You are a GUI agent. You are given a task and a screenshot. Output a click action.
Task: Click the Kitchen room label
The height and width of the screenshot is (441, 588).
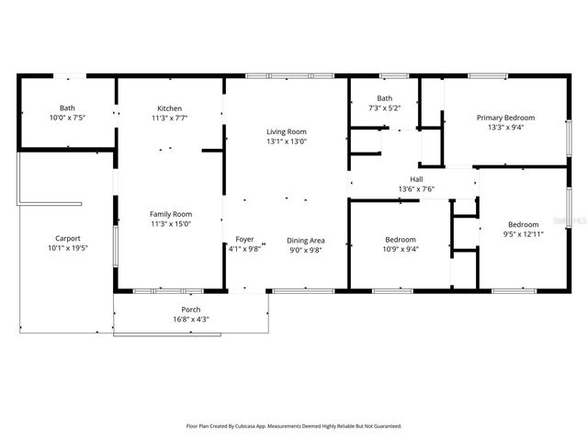169,108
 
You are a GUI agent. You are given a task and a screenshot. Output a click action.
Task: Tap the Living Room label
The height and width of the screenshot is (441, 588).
286,131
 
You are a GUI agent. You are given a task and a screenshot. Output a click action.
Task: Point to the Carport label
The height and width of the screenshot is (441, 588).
67,238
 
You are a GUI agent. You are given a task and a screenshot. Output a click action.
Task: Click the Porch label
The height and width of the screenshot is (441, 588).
190,310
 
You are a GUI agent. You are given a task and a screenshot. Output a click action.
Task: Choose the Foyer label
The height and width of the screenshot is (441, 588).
244,239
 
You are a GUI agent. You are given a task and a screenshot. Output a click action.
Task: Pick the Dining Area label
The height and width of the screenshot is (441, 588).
305,239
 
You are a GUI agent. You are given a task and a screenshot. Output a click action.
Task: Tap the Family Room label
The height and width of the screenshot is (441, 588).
170,214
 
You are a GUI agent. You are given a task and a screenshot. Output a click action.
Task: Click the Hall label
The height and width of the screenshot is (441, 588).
415,179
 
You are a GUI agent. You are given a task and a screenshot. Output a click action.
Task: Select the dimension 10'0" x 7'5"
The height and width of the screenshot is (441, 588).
67,119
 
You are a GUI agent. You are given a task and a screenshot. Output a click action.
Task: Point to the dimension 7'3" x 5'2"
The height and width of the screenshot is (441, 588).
384,108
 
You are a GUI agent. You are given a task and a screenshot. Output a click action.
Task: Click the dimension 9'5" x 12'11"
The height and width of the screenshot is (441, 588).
523,234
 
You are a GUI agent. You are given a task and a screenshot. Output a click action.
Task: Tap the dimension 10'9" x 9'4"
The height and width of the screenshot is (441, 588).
400,248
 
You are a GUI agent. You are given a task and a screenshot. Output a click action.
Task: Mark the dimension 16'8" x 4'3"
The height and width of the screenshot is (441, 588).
190,320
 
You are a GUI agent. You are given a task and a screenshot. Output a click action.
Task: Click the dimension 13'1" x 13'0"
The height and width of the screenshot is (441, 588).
286,141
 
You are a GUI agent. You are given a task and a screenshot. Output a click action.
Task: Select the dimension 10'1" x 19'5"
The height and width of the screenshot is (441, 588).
67,248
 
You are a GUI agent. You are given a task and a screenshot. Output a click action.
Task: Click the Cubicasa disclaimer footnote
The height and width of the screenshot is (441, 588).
294,426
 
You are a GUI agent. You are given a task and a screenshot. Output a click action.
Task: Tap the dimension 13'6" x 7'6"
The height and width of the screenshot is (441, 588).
415,189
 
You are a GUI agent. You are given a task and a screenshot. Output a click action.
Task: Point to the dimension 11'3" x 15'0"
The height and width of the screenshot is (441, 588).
170,224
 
